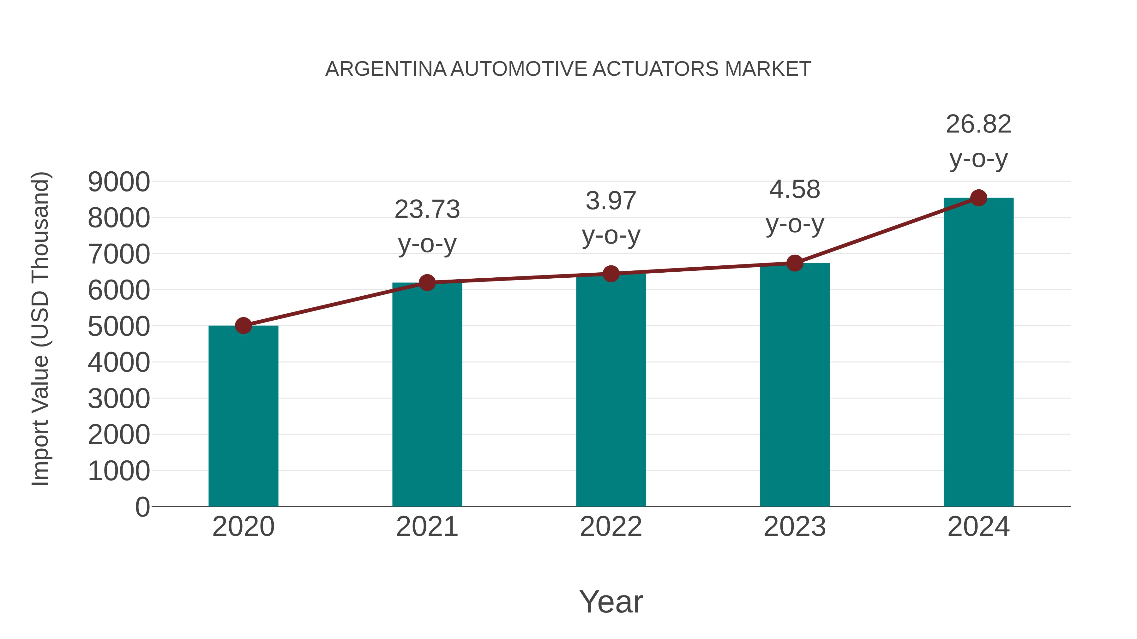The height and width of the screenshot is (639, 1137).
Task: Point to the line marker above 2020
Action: [243, 326]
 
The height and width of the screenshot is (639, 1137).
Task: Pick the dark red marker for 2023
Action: [795, 263]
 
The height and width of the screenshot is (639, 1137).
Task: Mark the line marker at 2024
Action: [978, 198]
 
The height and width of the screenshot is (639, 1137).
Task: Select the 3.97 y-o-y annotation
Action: [611, 201]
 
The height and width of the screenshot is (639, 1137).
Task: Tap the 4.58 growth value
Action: [795, 190]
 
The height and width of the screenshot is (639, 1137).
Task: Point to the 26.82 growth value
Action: [978, 124]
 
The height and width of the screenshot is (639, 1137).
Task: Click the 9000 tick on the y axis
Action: [119, 182]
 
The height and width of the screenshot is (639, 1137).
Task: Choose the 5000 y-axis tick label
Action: [119, 327]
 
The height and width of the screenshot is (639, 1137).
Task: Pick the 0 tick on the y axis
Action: [142, 507]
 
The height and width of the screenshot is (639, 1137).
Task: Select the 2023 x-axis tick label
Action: [795, 527]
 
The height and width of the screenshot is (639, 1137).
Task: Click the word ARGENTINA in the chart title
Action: [386, 69]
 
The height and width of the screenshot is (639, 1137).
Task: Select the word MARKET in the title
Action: [767, 69]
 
